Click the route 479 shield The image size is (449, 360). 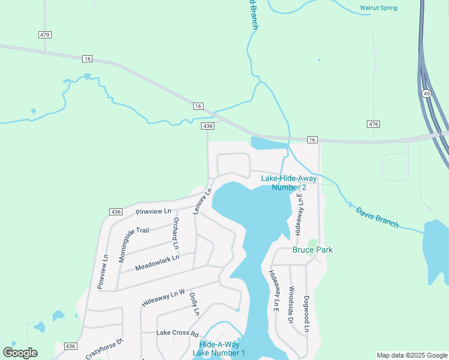(44, 35)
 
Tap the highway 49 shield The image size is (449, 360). (426, 94)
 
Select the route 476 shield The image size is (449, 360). (373, 124)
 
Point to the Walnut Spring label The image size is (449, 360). (378, 8)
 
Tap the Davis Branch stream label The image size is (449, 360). (377, 217)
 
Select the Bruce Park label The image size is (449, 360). (312, 250)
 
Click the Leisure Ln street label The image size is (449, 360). (202, 202)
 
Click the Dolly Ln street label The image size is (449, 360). (194, 304)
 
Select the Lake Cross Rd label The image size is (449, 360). (177, 332)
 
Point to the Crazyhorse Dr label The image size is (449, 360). (104, 349)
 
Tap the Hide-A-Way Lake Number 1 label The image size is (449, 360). (219, 348)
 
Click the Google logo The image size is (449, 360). (20, 353)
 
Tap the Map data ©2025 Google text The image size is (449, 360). (411, 355)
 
